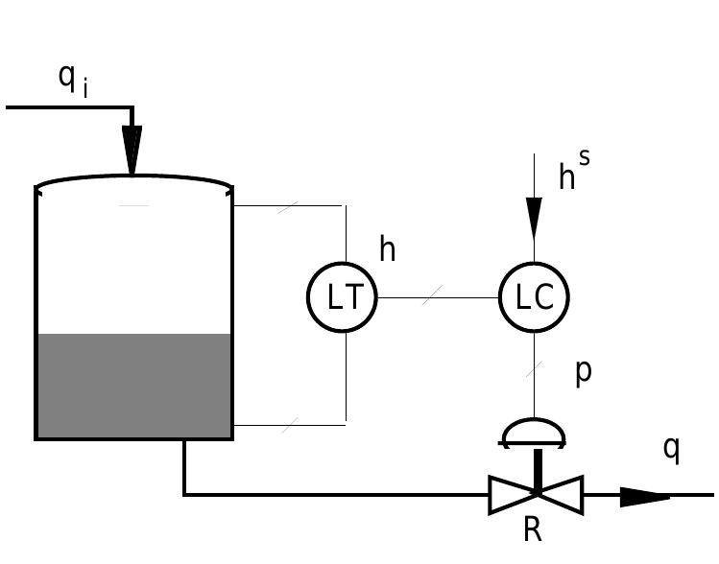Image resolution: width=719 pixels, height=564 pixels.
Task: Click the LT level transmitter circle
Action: tap(342, 297)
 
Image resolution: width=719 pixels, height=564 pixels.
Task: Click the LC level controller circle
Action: tap(534, 297)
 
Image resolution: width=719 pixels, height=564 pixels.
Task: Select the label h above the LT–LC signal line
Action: tap(387, 249)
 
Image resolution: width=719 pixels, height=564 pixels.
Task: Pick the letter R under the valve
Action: tap(534, 529)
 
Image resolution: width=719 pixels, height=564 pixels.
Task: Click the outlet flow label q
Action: tap(672, 447)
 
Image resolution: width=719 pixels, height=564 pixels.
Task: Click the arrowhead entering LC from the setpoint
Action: tap(534, 220)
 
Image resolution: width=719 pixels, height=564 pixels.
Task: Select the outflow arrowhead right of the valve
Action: tap(643, 496)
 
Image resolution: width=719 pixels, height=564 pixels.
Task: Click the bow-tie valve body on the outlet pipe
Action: tap(536, 495)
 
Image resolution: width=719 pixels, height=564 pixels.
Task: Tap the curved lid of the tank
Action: tap(133, 179)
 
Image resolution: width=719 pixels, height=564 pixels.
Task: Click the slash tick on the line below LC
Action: tap(534, 368)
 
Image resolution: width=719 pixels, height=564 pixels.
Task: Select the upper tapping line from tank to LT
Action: tap(288, 205)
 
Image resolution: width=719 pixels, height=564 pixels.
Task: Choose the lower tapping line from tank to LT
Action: tap(288, 424)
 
